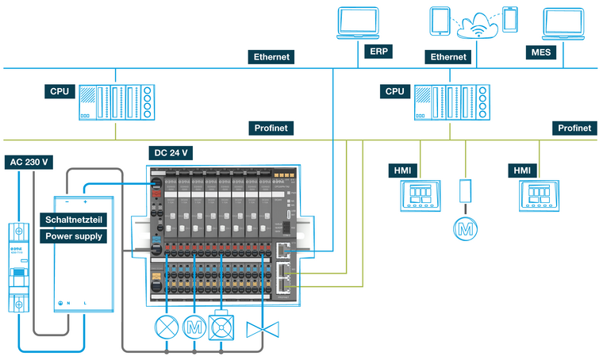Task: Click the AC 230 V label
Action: point(29,162)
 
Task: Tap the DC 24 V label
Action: point(171,151)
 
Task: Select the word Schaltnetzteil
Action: point(72,220)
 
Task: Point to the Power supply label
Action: point(72,235)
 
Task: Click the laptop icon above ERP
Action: point(357,24)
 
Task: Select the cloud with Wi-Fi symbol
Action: point(478,24)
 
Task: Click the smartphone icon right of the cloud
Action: point(511,19)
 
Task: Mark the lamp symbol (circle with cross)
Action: point(167,326)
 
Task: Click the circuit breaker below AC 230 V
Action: point(18,266)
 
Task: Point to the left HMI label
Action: point(401,170)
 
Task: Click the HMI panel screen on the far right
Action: point(539,194)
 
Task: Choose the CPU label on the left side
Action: point(60,91)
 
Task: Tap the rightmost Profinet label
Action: point(574,128)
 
